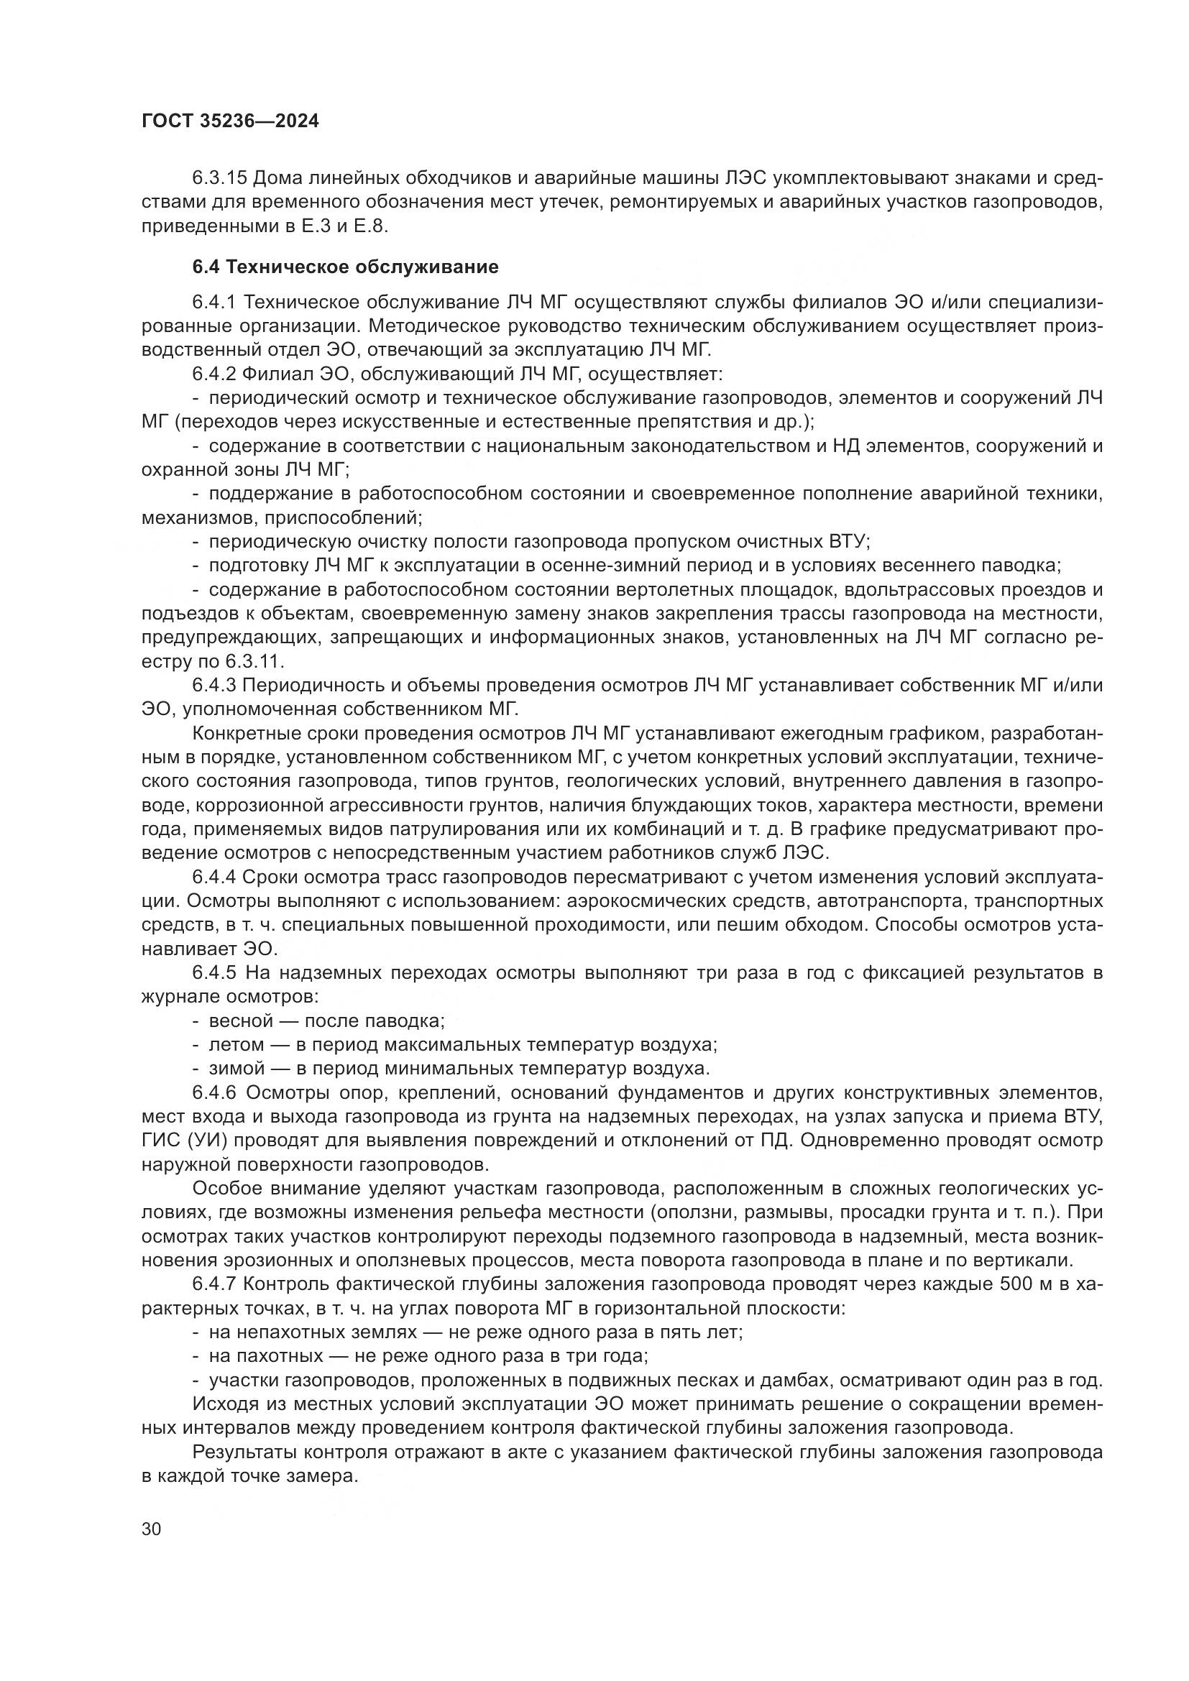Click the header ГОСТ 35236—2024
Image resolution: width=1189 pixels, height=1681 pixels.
[x=230, y=121]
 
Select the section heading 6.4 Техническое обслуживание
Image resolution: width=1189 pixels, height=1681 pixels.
[x=345, y=267]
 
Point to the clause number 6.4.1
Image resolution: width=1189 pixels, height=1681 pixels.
[x=214, y=303]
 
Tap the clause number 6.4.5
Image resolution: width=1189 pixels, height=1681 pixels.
[x=214, y=973]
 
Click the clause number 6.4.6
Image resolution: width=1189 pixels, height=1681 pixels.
[x=214, y=1093]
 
